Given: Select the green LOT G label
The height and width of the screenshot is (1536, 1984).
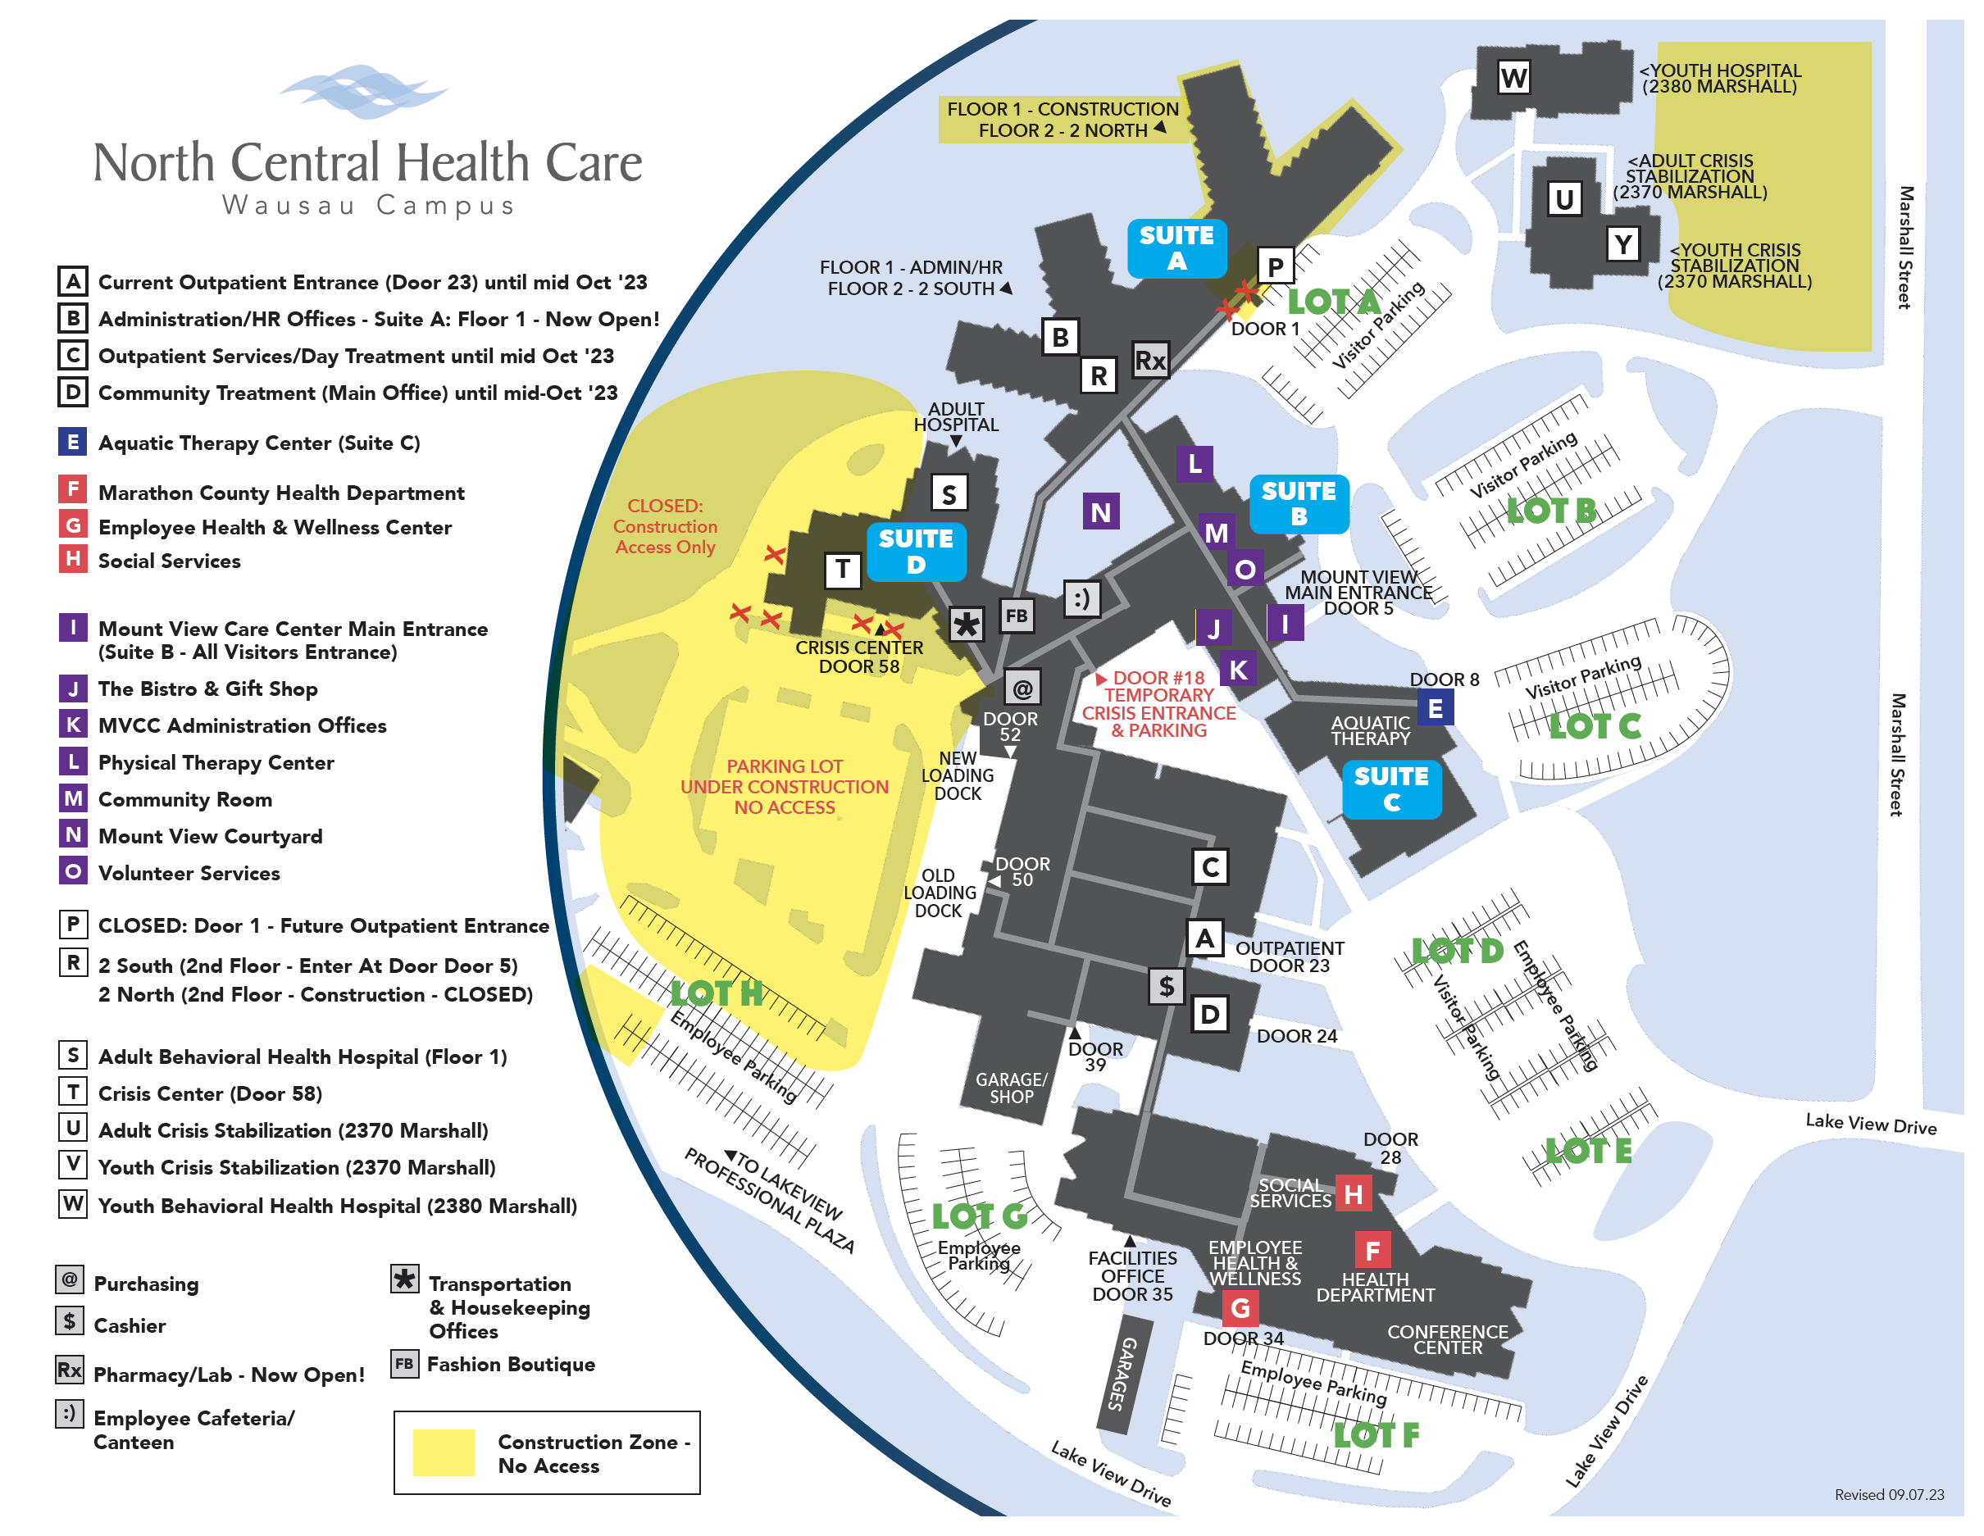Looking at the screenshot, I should (x=979, y=1216).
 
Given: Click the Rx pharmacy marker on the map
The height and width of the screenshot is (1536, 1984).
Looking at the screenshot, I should (x=1150, y=361).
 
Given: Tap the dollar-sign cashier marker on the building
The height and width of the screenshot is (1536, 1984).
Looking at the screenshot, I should (x=1166, y=985).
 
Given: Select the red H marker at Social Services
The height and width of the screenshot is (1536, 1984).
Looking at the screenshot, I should (x=1353, y=1194).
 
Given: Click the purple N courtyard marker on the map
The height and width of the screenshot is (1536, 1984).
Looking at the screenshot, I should (x=1100, y=512).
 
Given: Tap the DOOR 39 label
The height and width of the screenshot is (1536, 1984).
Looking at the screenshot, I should (x=1095, y=1056).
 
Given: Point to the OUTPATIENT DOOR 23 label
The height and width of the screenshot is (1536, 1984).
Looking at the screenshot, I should (x=1289, y=957).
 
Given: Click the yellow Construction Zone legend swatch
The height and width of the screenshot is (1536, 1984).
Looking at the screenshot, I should (x=444, y=1452).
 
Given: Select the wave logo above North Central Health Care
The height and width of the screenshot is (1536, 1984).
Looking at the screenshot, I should (x=362, y=92).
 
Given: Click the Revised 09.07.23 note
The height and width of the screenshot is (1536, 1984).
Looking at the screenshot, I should (x=1889, y=1495).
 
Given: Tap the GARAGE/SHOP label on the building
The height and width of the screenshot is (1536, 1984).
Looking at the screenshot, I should (x=1011, y=1088).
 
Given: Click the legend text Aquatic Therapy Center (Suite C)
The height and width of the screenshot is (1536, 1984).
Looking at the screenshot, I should (x=259, y=443).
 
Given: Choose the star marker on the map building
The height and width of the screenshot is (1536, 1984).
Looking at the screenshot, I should (x=967, y=624).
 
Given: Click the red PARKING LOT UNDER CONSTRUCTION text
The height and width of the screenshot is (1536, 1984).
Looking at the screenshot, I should (x=784, y=787).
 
